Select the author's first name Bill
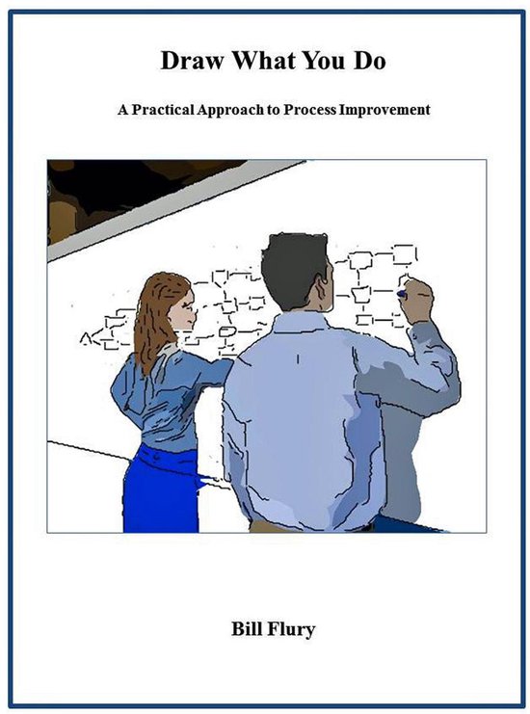coord(239,631)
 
